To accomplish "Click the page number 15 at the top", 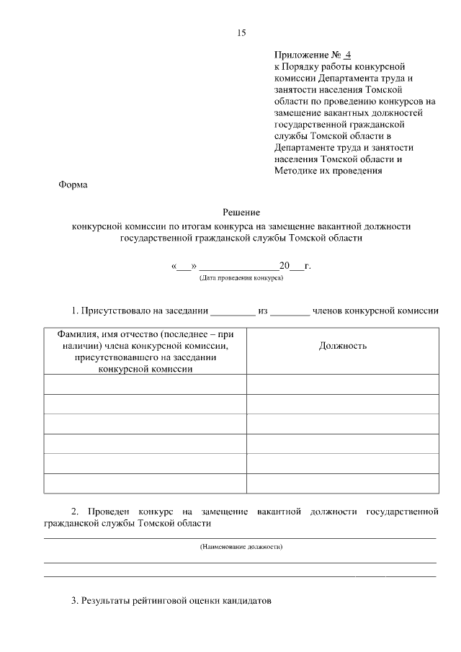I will click(x=241, y=32).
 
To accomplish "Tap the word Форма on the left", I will click(x=72, y=185).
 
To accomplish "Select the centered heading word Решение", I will click(x=241, y=213).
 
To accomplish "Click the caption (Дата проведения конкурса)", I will click(x=241, y=277).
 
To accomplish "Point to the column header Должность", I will click(x=343, y=346).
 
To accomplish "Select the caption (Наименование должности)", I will click(x=241, y=548).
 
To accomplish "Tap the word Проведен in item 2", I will click(x=111, y=512).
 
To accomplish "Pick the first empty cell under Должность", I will click(x=343, y=384).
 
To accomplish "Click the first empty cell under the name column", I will click(x=145, y=384).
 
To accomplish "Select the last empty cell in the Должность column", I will click(x=343, y=483).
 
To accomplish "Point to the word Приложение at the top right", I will click(x=301, y=55).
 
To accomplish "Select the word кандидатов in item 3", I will click(x=245, y=600).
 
